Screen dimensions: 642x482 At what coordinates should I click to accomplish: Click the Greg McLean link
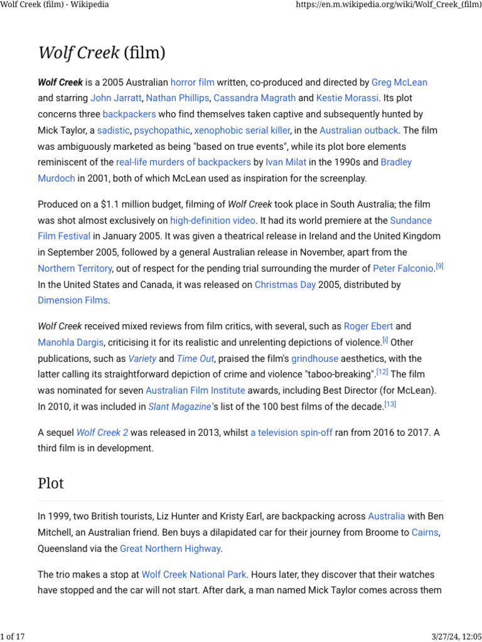click(x=399, y=82)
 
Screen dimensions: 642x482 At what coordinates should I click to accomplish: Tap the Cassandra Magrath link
click(x=254, y=98)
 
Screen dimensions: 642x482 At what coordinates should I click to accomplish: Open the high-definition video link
click(x=213, y=220)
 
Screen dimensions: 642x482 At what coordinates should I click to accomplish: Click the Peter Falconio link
click(x=403, y=268)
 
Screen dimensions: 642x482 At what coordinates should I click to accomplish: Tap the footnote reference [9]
click(x=439, y=266)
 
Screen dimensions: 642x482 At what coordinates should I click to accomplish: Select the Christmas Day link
click(x=284, y=285)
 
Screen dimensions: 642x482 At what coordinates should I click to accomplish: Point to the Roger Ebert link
click(x=368, y=326)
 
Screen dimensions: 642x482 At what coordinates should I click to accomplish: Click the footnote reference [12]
click(x=382, y=372)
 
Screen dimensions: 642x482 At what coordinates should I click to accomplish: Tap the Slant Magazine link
click(x=179, y=406)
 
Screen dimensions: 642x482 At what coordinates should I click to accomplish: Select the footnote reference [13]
click(x=390, y=404)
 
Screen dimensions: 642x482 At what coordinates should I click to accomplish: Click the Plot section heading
click(x=51, y=483)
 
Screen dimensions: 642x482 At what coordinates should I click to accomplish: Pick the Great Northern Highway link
click(x=170, y=549)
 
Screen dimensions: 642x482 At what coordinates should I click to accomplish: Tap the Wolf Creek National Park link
click(x=194, y=574)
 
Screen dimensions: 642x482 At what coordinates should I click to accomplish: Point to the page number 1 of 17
click(x=13, y=637)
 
